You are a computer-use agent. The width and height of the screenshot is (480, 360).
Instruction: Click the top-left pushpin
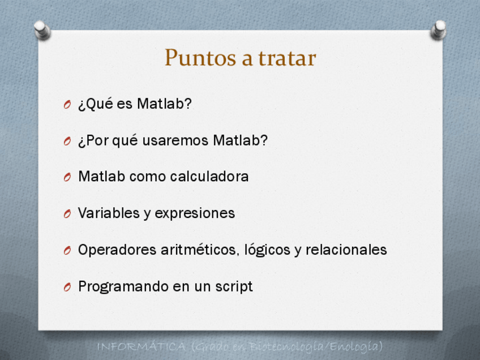point(42,30)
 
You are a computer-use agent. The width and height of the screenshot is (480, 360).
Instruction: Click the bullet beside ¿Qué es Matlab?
point(67,105)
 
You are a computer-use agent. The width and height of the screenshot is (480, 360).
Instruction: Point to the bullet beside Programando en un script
point(67,287)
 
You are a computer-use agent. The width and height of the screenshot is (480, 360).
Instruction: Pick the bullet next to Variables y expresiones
point(67,213)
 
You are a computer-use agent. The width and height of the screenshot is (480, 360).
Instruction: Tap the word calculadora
point(209,177)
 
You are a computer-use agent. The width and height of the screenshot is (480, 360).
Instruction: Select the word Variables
point(109,213)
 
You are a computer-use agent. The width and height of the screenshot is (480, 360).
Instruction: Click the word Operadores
point(117,250)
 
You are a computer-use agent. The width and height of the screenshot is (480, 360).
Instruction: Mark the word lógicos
point(267,250)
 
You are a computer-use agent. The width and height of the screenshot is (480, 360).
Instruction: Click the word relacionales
point(346,250)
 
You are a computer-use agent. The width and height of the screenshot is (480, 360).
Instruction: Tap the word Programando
point(123,287)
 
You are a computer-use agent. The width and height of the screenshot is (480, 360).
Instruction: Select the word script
point(234,287)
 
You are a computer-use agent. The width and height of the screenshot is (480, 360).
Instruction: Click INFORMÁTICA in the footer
point(142,347)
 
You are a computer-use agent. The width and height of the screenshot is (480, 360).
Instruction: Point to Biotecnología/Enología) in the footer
point(316,347)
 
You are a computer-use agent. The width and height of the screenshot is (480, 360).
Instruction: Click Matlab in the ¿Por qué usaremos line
point(241,140)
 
